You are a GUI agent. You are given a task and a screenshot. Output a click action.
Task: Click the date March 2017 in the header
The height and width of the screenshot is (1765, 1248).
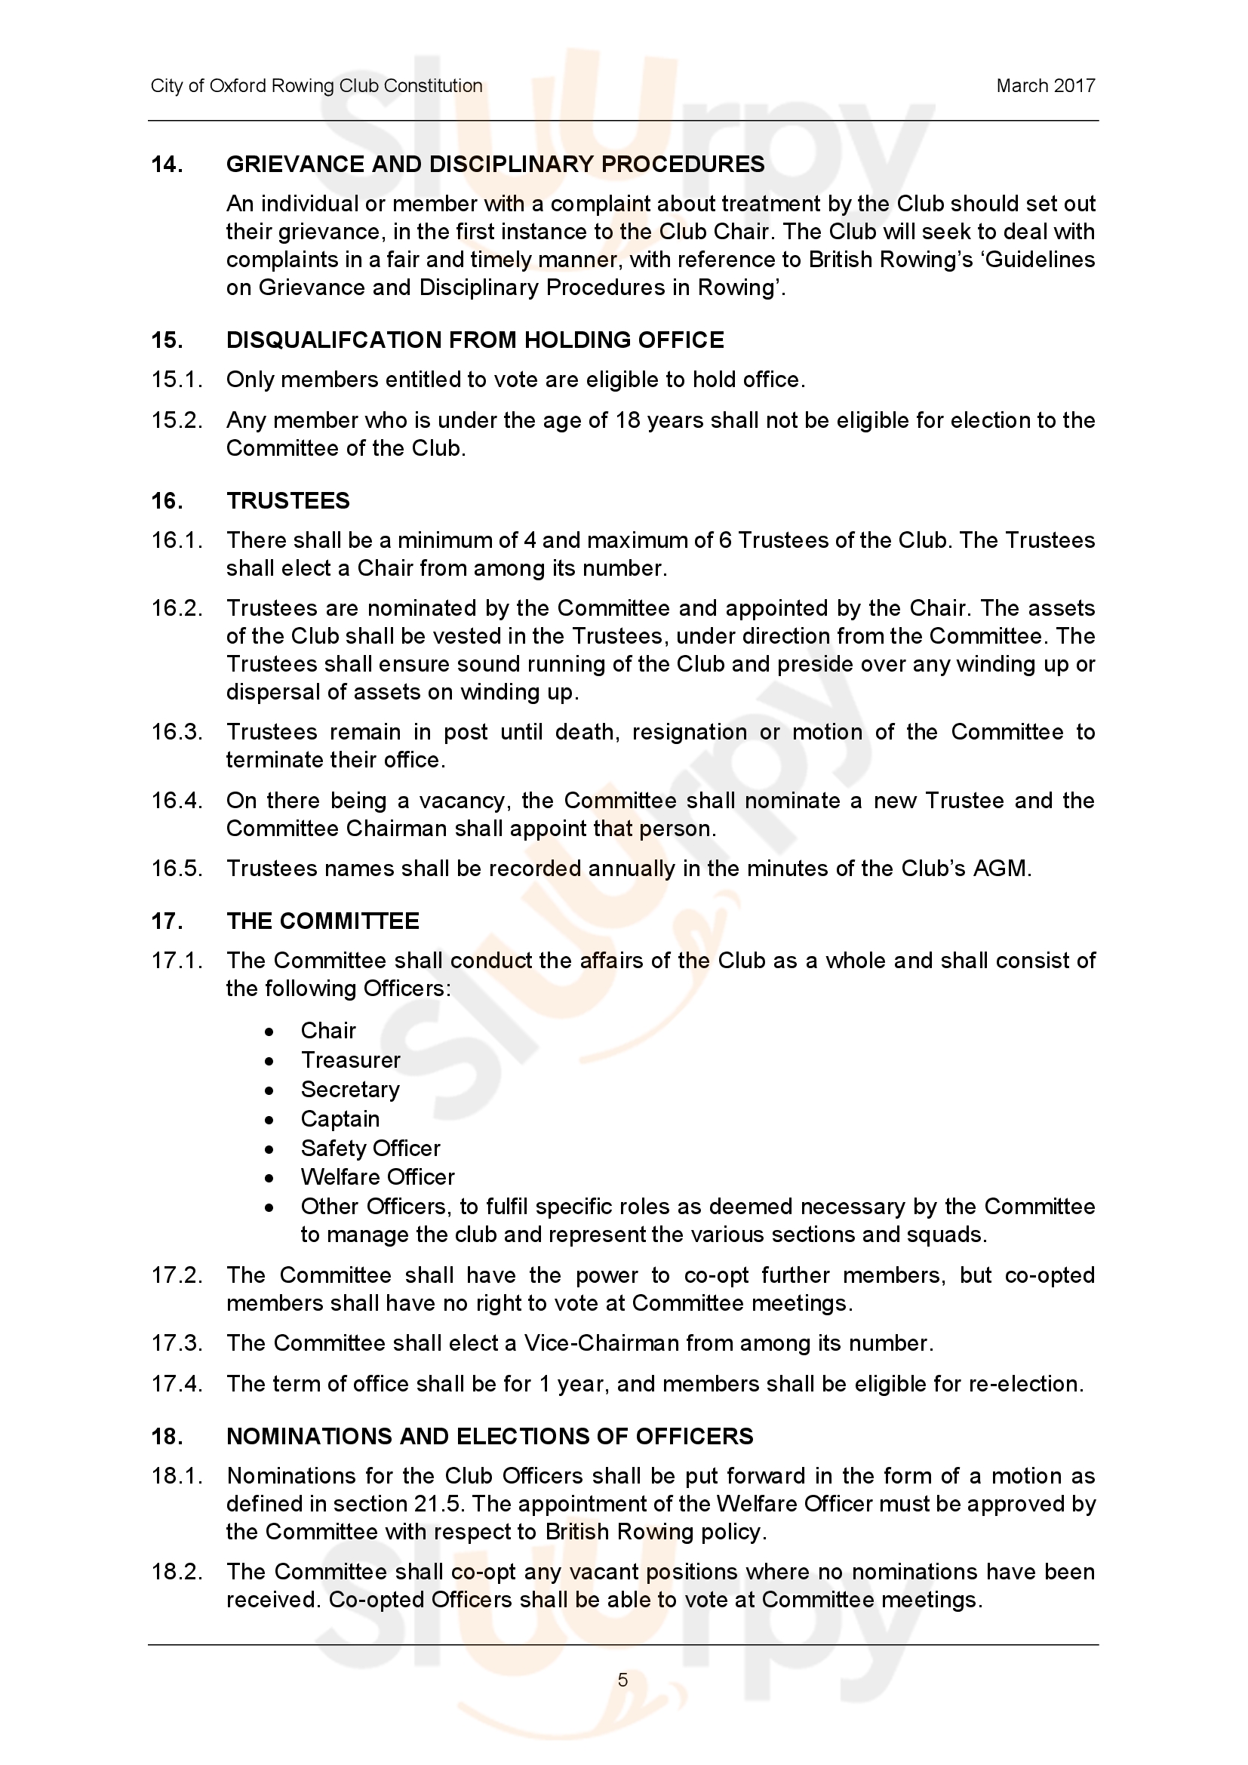1045,86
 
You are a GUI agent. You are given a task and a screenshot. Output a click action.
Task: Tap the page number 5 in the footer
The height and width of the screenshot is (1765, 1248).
622,1680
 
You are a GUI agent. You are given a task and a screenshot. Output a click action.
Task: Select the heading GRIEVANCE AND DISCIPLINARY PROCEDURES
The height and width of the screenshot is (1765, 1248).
495,165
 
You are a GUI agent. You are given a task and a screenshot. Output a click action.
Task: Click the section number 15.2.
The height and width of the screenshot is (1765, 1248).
177,420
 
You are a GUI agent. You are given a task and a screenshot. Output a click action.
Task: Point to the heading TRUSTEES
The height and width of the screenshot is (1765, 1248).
288,501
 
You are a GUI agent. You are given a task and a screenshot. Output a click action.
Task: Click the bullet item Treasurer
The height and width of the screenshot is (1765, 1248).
350,1060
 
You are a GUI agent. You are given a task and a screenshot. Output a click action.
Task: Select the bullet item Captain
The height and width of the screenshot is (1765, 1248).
340,1119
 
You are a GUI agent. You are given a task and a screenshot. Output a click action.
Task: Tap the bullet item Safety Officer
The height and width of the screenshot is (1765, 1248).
370,1148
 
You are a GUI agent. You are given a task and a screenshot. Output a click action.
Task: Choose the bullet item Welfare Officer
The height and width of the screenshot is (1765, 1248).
377,1177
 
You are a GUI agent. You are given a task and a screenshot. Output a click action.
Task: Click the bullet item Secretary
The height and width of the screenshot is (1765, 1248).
350,1090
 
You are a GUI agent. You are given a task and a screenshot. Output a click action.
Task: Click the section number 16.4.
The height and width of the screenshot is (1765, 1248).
177,801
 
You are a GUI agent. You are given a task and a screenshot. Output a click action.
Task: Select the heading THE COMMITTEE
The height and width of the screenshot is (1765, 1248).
323,921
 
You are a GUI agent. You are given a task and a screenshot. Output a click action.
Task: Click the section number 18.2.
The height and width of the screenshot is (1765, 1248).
177,1572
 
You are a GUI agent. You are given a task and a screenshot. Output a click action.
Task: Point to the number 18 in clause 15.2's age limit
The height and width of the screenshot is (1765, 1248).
629,420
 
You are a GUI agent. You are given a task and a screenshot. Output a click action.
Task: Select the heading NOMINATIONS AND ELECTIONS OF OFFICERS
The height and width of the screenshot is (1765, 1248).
490,1437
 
